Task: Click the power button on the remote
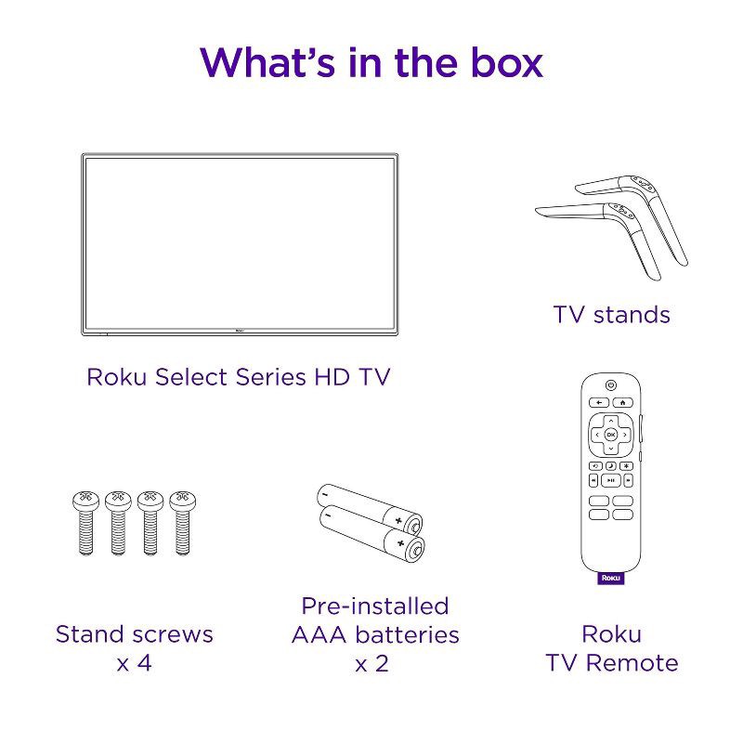tap(610, 385)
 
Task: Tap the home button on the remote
tap(620, 402)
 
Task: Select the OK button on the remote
tap(610, 435)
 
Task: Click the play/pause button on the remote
tap(610, 480)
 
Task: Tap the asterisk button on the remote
tap(628, 464)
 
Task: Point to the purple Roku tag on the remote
tap(610, 577)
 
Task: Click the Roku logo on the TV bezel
tap(237, 327)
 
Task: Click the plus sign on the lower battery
tap(400, 541)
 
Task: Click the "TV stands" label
tap(611, 315)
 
